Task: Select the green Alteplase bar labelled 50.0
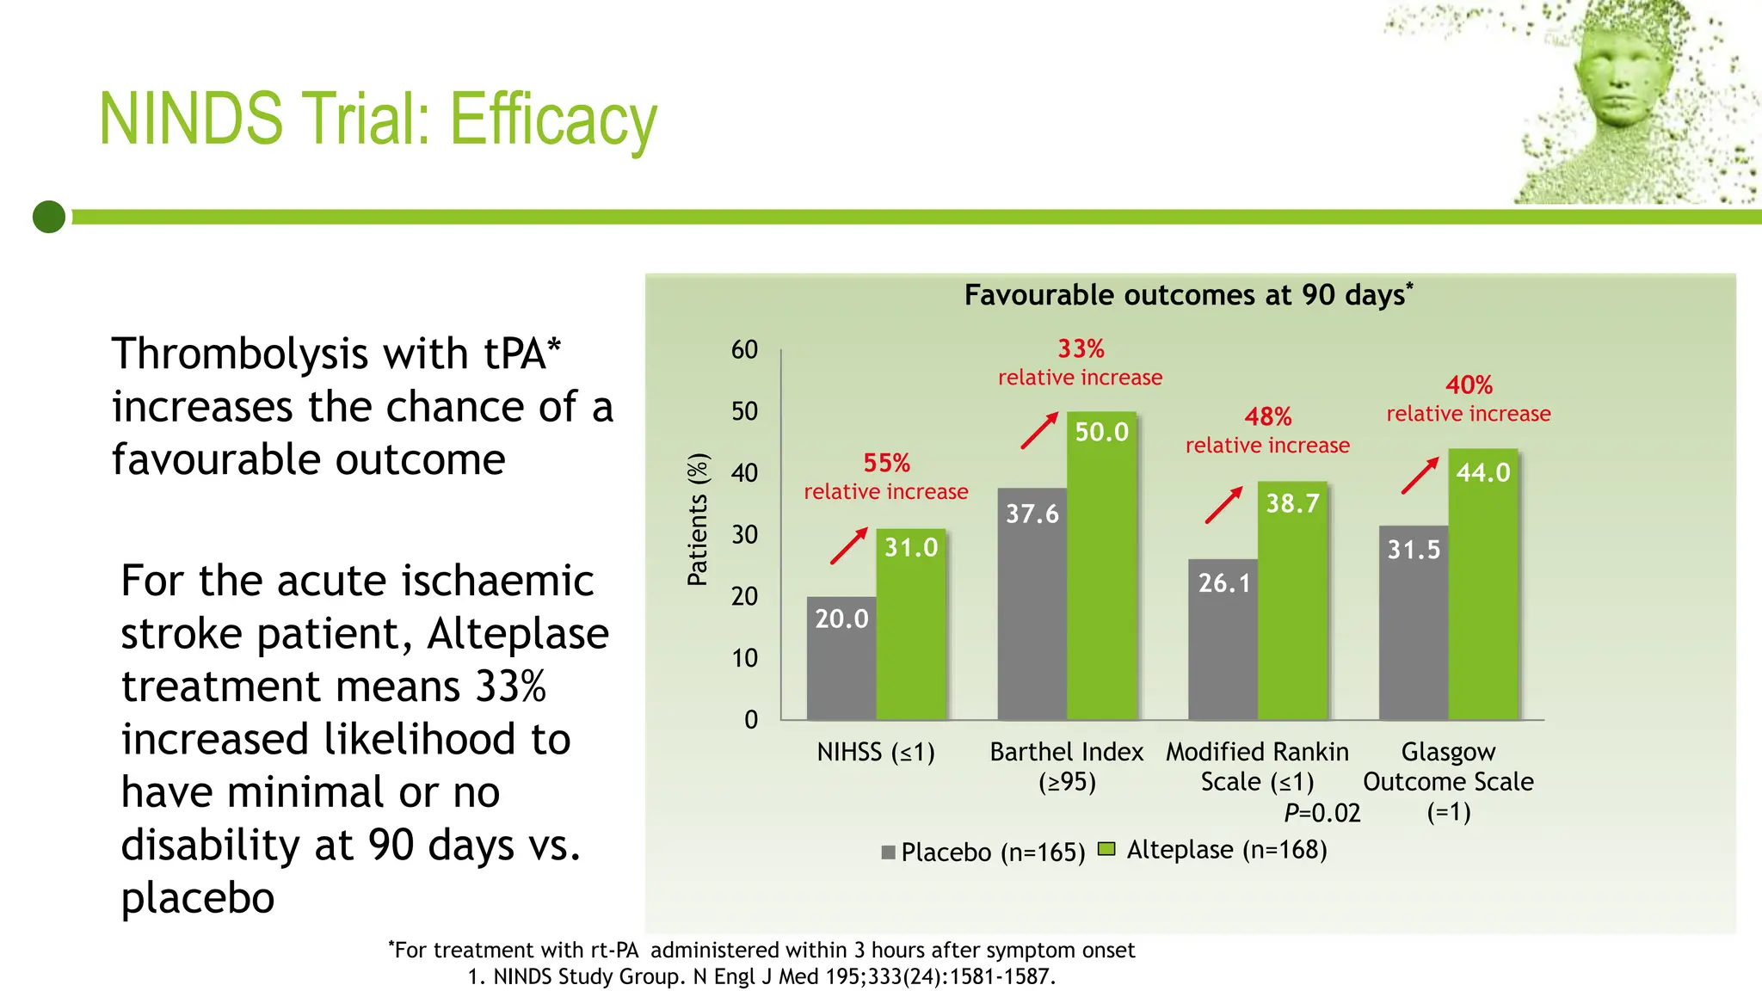click(x=1102, y=568)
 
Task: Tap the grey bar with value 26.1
click(x=1223, y=641)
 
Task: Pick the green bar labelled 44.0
click(x=1483, y=585)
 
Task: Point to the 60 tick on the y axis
click(x=744, y=350)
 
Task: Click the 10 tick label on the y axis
click(x=744, y=659)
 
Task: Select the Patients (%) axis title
click(x=698, y=520)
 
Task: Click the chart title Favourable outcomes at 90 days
click(x=1187, y=295)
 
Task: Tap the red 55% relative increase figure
click(x=886, y=464)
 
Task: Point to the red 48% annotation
click(x=1268, y=417)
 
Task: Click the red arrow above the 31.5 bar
click(x=1420, y=475)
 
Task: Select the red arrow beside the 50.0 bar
click(x=1039, y=430)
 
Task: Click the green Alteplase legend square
click(x=1107, y=850)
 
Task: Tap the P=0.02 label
click(x=1321, y=813)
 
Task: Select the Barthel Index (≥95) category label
click(x=1067, y=766)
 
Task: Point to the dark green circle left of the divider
click(x=49, y=217)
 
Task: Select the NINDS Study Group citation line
click(x=761, y=977)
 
